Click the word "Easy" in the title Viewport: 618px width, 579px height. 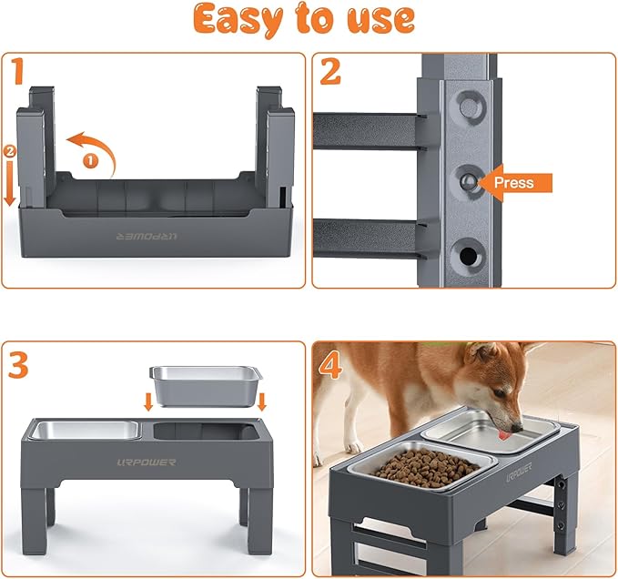tap(238, 20)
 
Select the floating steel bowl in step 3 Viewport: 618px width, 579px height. tap(206, 385)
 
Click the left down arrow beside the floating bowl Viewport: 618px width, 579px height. tap(148, 401)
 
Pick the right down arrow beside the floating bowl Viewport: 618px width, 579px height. tap(262, 401)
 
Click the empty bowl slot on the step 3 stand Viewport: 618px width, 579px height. tap(202, 431)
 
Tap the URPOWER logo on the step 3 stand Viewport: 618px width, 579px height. tap(147, 462)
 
